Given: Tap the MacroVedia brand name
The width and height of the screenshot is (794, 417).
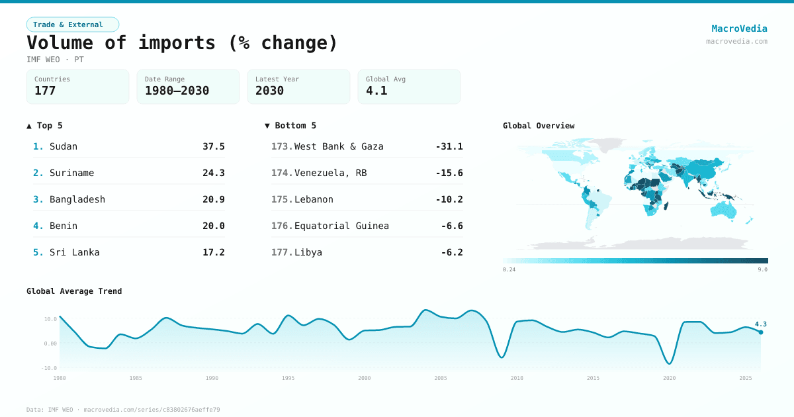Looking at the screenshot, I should (x=739, y=28).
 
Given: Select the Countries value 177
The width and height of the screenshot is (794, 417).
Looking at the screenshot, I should (x=45, y=91).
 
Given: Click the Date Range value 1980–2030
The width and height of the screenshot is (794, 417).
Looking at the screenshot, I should (x=177, y=91).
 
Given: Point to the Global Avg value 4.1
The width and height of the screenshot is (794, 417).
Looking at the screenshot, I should (x=376, y=91).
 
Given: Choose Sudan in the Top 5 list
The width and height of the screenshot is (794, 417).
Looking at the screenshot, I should (x=64, y=146).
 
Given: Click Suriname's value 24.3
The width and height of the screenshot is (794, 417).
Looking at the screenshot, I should (x=214, y=173).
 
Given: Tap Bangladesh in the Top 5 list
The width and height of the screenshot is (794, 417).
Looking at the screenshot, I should (x=77, y=199).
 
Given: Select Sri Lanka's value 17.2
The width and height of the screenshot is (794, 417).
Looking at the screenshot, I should (x=214, y=252).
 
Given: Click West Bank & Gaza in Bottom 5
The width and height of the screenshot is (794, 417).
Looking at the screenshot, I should (x=339, y=146).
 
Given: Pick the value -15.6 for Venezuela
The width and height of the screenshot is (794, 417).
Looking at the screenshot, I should (x=449, y=173).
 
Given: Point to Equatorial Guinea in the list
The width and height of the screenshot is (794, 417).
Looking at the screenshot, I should (x=341, y=226).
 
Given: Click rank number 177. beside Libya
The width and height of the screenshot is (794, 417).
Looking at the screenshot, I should (x=282, y=252).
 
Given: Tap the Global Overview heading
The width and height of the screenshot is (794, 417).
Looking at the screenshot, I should (x=539, y=126).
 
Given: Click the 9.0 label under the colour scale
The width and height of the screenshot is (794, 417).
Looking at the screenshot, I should (x=762, y=269).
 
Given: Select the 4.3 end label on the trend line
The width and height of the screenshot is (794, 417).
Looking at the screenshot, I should (x=760, y=324).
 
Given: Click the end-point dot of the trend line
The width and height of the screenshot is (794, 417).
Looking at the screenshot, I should (x=760, y=332).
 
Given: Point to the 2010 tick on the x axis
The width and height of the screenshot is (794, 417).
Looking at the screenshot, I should (x=517, y=378).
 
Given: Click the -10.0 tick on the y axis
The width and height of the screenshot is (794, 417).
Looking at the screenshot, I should (x=50, y=367).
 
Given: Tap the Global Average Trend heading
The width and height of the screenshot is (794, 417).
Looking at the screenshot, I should (x=74, y=291).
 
